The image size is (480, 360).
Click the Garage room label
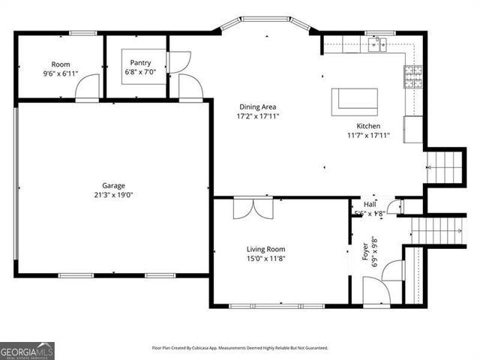(114, 185)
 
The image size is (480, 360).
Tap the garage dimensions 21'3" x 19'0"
(114, 195)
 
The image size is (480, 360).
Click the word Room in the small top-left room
(61, 64)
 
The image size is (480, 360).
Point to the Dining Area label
(258, 106)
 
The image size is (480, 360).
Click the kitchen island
(355, 100)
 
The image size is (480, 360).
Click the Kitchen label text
(368, 126)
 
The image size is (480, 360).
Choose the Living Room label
(266, 249)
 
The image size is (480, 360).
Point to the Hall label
(370, 204)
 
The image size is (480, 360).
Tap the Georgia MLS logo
(27, 350)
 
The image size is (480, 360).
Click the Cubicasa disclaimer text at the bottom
(240, 348)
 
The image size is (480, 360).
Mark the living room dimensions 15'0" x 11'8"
(266, 259)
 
